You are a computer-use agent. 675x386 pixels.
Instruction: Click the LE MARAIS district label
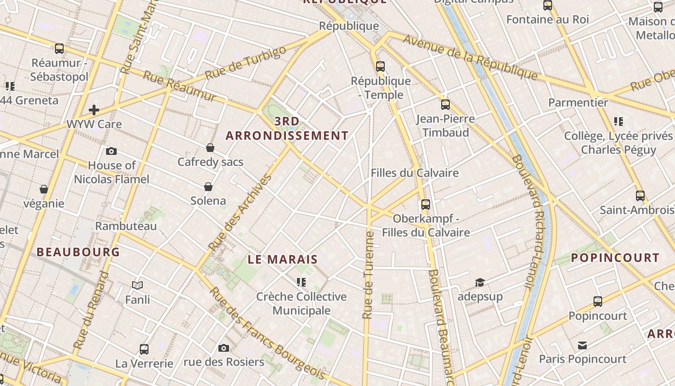(x=283, y=260)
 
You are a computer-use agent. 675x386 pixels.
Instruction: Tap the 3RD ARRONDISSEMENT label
(x=287, y=128)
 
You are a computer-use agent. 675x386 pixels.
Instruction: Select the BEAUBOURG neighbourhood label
(x=78, y=252)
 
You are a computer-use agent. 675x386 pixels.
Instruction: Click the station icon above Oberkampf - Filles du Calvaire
(x=425, y=204)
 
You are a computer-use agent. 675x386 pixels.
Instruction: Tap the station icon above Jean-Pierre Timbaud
(x=445, y=104)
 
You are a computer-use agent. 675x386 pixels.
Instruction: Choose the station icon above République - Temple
(x=380, y=67)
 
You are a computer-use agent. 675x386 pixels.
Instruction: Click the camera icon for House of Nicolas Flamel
(x=111, y=151)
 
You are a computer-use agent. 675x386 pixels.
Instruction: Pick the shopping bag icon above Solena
(x=208, y=187)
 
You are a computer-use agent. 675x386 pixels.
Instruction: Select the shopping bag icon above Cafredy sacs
(x=210, y=148)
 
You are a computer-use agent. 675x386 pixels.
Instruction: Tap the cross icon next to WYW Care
(x=94, y=110)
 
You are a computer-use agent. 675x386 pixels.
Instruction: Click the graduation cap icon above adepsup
(x=480, y=282)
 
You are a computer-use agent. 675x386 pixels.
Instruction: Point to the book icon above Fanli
(x=137, y=286)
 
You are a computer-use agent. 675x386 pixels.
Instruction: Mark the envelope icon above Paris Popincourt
(x=582, y=345)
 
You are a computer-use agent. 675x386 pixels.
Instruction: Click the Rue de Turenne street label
(x=368, y=275)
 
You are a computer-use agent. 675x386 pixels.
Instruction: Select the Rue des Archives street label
(x=240, y=212)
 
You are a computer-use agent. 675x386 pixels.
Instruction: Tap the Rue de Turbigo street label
(x=245, y=63)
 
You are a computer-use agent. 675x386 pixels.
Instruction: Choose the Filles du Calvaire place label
(x=414, y=173)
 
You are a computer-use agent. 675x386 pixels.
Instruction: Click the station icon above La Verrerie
(x=144, y=349)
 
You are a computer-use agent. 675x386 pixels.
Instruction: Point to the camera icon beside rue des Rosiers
(x=223, y=348)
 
